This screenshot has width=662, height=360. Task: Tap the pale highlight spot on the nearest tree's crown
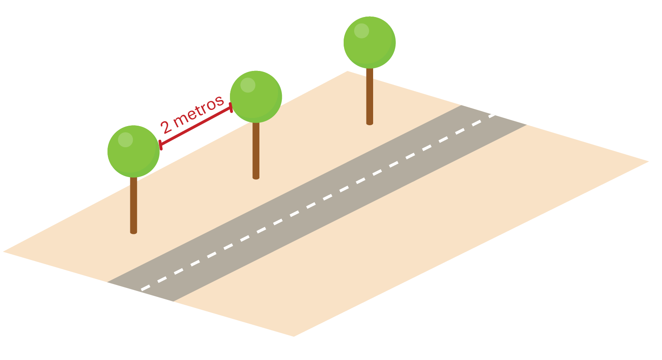(125, 140)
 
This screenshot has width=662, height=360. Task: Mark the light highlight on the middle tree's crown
(248, 85)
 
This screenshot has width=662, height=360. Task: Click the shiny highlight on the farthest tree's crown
(362, 31)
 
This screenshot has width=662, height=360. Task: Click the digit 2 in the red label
(166, 127)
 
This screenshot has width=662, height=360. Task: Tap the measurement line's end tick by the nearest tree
(160, 145)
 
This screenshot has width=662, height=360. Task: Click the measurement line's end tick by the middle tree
(232, 108)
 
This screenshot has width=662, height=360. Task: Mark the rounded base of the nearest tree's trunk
(134, 232)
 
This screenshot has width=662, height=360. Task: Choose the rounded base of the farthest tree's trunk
(370, 123)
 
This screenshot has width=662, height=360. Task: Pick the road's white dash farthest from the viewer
(492, 115)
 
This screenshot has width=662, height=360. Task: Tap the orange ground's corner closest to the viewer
(293, 335)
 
